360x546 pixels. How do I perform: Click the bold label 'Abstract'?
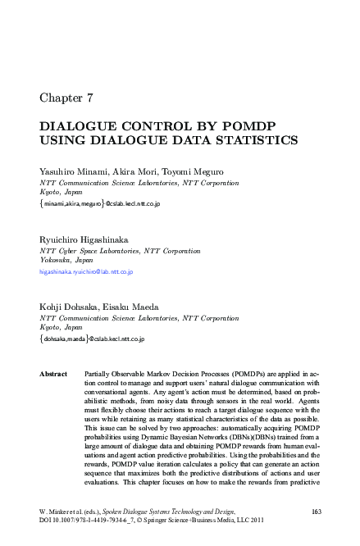[53, 374]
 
